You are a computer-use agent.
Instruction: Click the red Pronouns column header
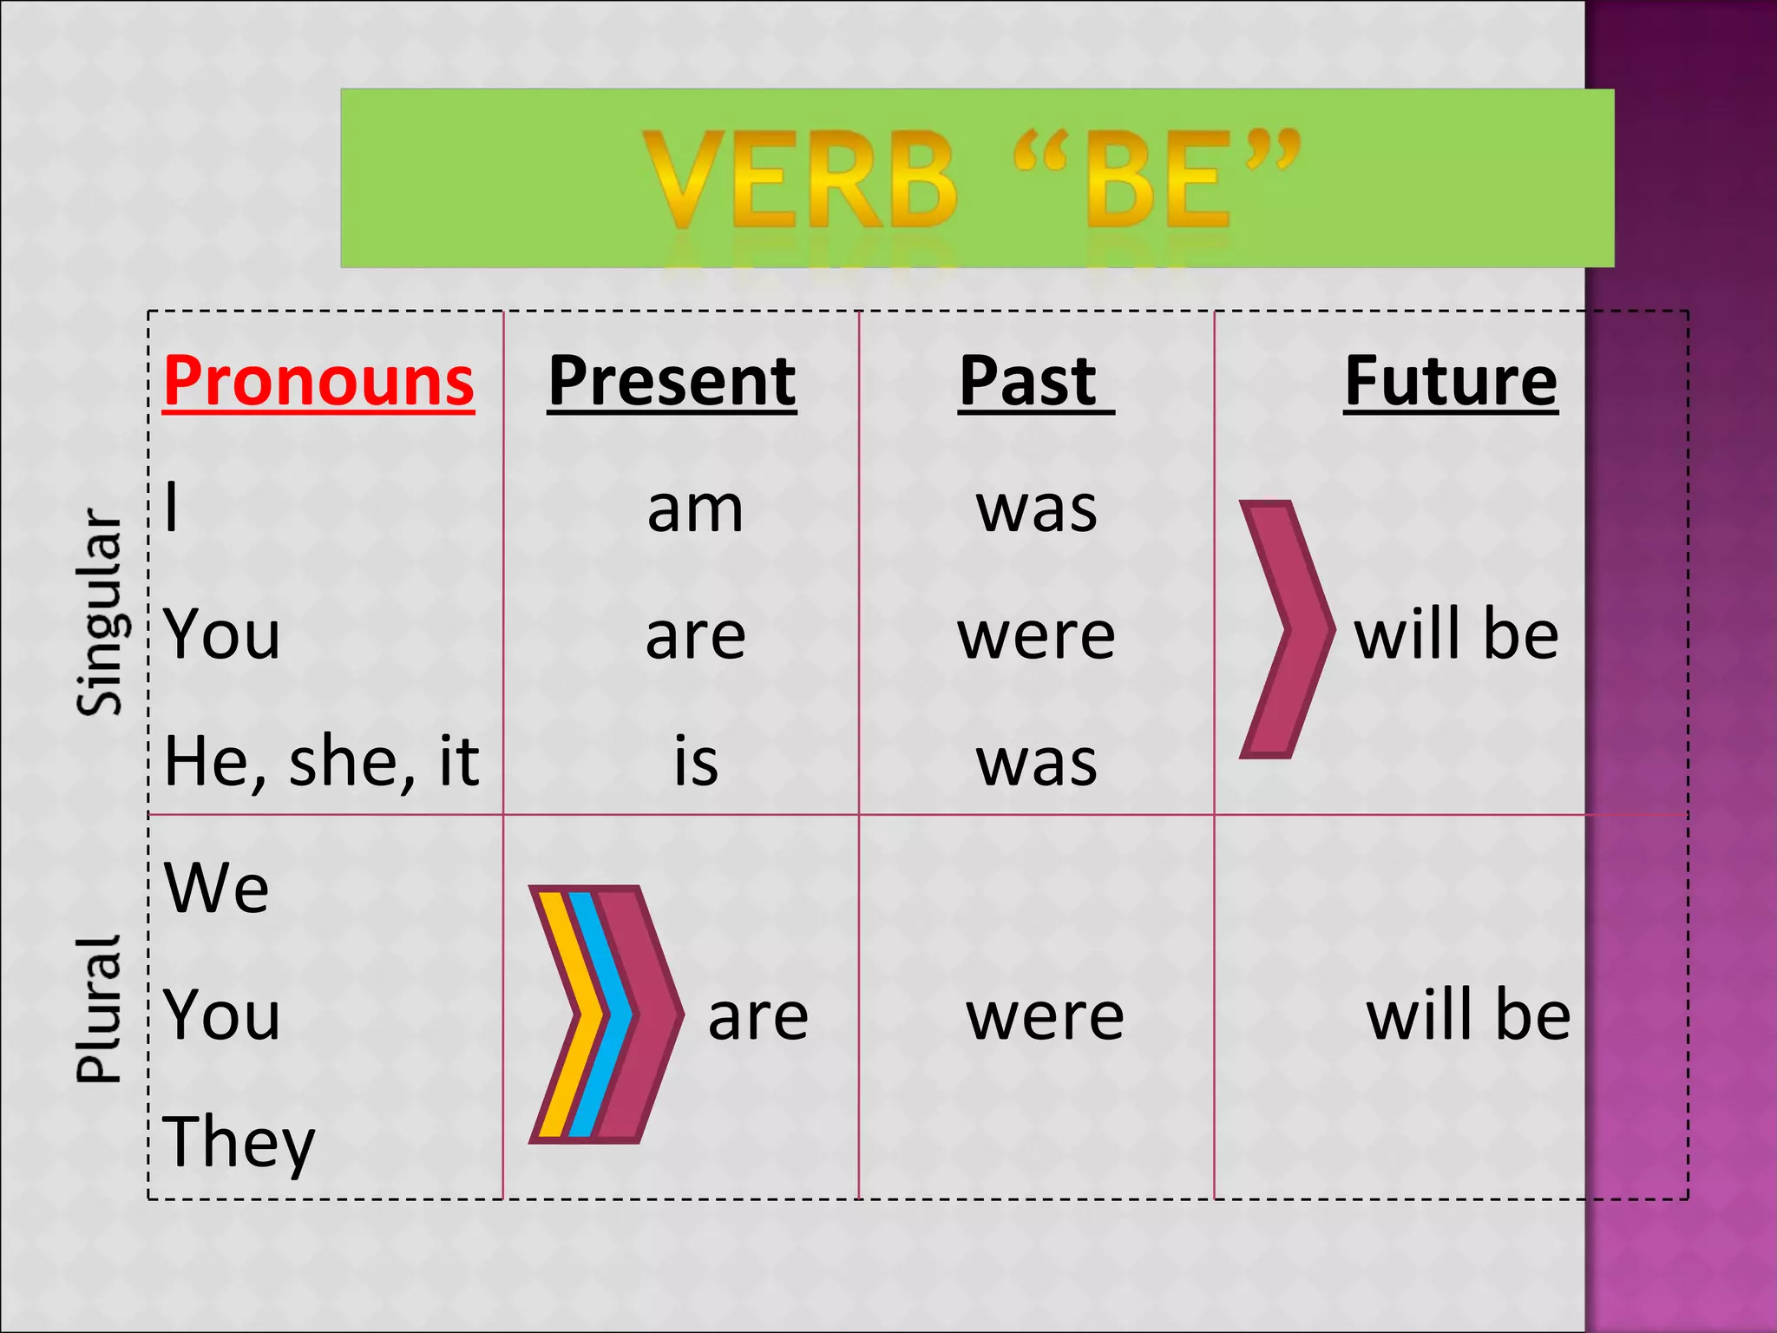tap(318, 381)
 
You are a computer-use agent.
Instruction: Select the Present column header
tap(672, 381)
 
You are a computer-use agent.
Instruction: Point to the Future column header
tap(1451, 381)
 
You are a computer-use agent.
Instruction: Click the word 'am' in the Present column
tap(695, 509)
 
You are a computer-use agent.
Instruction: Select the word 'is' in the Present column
tap(696, 762)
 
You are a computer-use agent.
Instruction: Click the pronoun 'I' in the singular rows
tap(172, 508)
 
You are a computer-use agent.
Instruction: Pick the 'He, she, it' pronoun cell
tap(321, 762)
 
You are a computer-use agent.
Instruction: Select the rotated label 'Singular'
tap(100, 613)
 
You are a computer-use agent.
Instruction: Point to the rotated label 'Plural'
tap(98, 1010)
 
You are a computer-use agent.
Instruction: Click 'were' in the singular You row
tap(1036, 635)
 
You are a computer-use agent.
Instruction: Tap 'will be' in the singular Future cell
tap(1456, 635)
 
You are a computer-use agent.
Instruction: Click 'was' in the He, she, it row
tap(1036, 762)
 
